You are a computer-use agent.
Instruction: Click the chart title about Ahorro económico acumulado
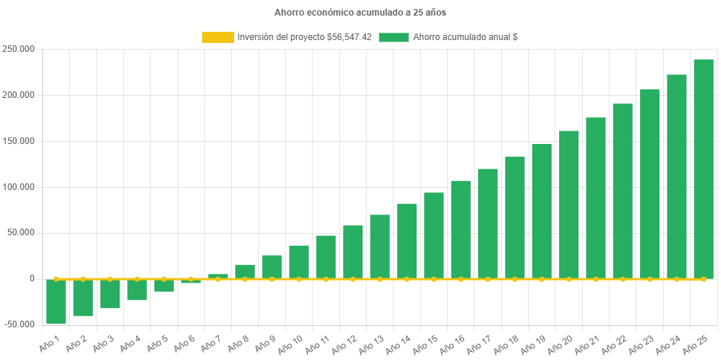[360, 13]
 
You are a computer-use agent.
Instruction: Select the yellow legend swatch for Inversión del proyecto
[218, 37]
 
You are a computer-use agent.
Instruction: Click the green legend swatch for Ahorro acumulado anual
[394, 37]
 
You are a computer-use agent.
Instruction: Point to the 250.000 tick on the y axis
[20, 49]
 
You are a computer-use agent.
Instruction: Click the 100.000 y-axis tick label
[20, 187]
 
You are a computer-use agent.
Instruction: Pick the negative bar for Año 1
[56, 301]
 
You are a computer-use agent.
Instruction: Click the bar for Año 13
[379, 246]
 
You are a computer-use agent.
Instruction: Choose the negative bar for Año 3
[110, 294]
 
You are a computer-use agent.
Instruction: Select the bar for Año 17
[488, 223]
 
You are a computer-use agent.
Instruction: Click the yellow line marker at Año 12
[353, 279]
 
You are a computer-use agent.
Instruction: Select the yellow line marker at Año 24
[676, 279]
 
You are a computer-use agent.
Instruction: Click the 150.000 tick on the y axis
[20, 141]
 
